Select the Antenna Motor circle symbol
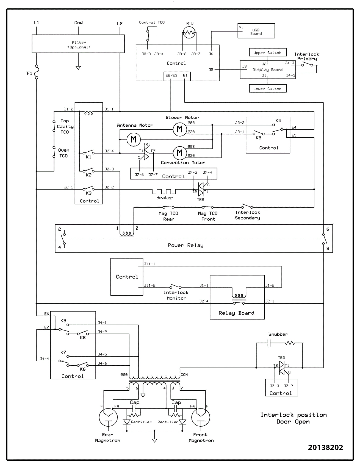[134, 140]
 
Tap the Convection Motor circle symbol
[180, 152]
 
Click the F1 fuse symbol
[36, 72]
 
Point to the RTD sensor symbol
[189, 33]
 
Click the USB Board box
[256, 31]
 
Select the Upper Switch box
[267, 52]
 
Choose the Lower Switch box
[267, 89]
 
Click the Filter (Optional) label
[79, 45]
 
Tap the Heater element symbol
[164, 191]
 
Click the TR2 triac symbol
[201, 189]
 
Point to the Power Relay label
[185, 245]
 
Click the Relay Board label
[236, 313]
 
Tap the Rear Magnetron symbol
[108, 417]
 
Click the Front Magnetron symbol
[201, 417]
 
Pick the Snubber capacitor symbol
[269, 343]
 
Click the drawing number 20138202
[325, 447]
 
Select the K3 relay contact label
[88, 193]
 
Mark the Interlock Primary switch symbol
[307, 65]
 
